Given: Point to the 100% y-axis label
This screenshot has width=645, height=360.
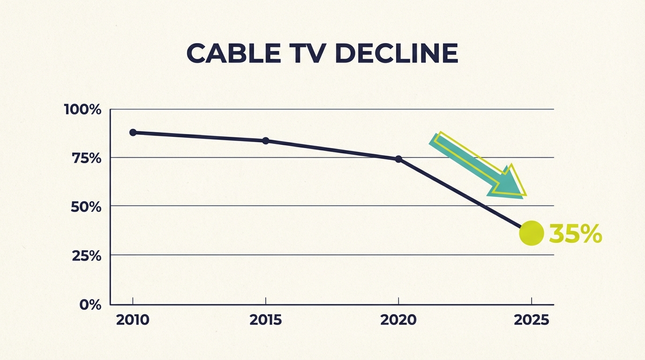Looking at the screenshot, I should pos(82,110).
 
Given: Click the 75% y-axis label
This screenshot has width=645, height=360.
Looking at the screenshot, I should pos(86,158).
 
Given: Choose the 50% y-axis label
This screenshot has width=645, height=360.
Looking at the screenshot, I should pos(86,207).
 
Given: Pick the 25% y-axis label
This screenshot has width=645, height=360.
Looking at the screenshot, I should pos(86,256).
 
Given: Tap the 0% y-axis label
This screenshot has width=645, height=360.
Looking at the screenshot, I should pos(90,305).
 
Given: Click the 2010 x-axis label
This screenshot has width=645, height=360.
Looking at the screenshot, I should pos(133,320).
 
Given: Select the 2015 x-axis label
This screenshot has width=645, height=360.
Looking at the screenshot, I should pos(266,320).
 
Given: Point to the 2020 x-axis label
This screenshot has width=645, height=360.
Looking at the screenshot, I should pos(398,320).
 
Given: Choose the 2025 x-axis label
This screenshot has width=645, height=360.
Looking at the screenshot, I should pos(531,320).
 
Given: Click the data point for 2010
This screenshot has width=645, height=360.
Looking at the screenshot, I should pos(133,132).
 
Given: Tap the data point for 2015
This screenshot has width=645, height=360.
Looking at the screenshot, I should pos(266,141).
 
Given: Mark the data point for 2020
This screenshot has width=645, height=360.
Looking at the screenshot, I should pos(398,159).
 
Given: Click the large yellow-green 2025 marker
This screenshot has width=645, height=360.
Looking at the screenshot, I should pos(531,233).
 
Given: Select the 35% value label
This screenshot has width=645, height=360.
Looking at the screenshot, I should pos(575,233).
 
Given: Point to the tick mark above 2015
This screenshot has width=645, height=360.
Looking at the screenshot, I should pos(266,300).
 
